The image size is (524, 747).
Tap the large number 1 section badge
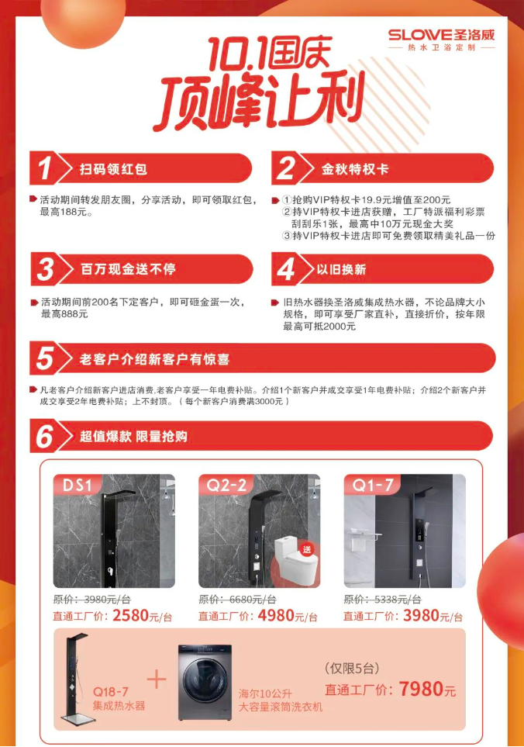pos(45,168)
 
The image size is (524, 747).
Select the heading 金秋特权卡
pos(355,169)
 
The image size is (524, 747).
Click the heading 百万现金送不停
pos(128,269)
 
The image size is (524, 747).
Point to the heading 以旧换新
pos(341,270)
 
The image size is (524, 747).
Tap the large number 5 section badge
pos(45,358)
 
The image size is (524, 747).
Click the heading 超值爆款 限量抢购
pos(133,437)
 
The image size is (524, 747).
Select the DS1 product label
pos(77,485)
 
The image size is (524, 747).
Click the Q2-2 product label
pos(226,485)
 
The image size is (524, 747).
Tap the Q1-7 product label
pos(373,485)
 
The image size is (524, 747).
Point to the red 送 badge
pos(307,549)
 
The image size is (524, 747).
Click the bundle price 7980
pos(421,689)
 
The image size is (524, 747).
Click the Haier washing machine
pos(205,682)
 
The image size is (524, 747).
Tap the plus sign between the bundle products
pos(157,679)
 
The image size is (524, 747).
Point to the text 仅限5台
pos(352,669)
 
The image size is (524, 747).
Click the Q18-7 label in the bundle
pos(111,691)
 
